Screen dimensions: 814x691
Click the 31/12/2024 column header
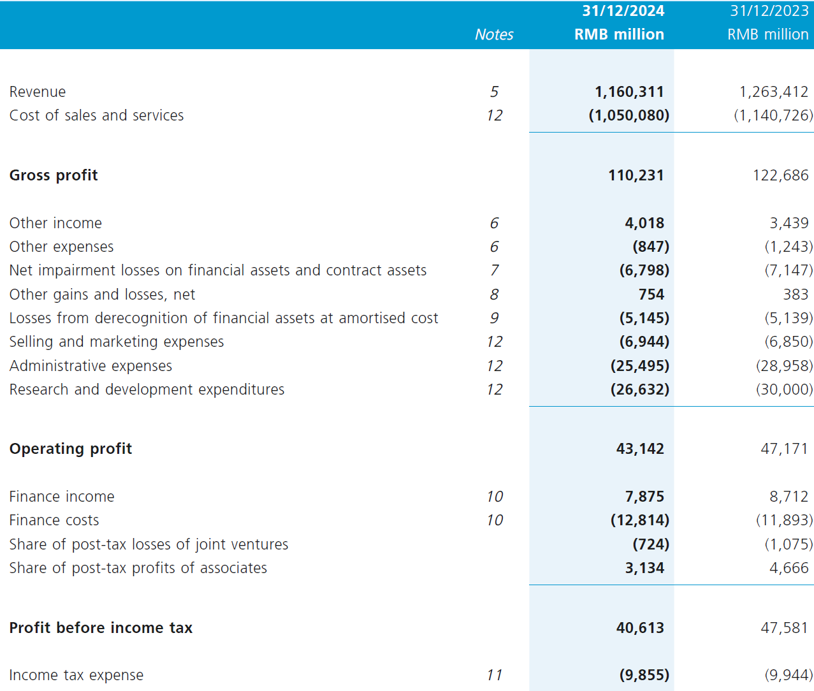pos(623,11)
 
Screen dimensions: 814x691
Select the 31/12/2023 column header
pos(769,11)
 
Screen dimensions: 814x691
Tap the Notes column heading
pos(494,34)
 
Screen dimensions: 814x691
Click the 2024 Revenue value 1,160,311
pos(629,92)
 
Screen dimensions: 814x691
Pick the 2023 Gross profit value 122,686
pos(780,175)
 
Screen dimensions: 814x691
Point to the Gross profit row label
pos(53,175)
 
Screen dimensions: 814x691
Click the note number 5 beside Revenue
pos(494,92)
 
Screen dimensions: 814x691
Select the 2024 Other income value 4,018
pos(644,223)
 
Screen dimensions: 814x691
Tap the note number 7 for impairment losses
pos(494,270)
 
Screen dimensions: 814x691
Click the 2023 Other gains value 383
pos(796,295)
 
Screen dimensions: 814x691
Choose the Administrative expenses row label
pos(91,366)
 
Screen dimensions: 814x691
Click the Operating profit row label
pos(71,449)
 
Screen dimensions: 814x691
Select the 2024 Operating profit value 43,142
pos(640,449)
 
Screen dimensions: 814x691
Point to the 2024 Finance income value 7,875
pos(644,497)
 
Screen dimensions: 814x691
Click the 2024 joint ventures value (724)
pos(651,544)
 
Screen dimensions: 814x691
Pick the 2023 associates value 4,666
pos(789,568)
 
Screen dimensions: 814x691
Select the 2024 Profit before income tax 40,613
pos(640,628)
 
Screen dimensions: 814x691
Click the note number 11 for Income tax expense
pos(494,675)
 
